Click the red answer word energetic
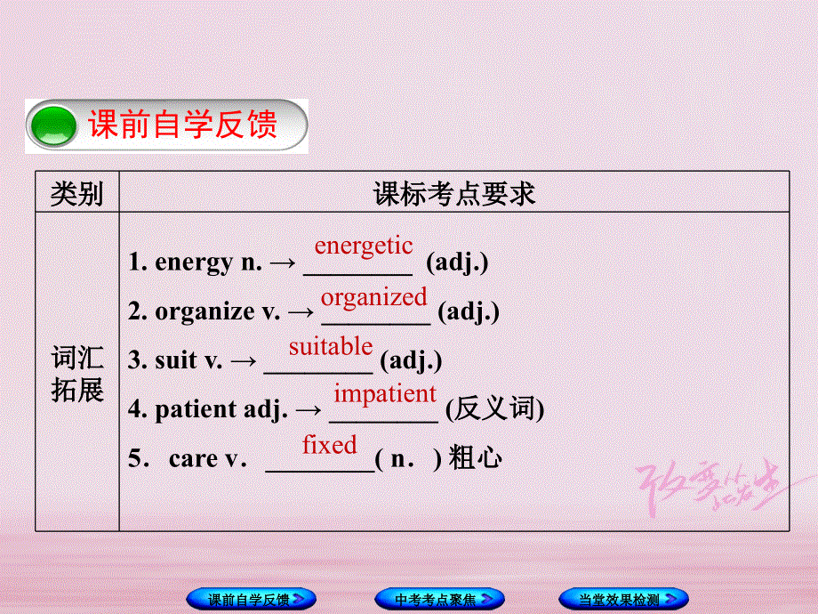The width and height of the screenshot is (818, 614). tap(364, 246)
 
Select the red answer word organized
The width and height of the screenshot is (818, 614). tap(374, 296)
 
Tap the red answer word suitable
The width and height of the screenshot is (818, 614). tap(331, 345)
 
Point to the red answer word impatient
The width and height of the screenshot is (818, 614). tap(385, 393)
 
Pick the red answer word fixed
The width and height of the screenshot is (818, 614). tap(329, 444)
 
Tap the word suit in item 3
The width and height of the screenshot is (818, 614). tap(176, 360)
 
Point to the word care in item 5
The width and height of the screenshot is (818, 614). tap(193, 458)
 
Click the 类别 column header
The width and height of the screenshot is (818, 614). tap(76, 193)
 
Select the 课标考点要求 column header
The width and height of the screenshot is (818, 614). tap(454, 193)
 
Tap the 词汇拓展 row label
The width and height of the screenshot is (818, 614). tap(77, 375)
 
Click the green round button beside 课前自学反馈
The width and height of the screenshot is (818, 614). tap(54, 125)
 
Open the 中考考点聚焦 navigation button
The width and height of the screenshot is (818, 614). tap(439, 599)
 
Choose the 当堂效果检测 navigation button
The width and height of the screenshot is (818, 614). tap(623, 599)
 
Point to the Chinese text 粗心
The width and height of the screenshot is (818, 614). tap(476, 458)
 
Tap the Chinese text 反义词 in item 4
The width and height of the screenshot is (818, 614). tap(494, 409)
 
